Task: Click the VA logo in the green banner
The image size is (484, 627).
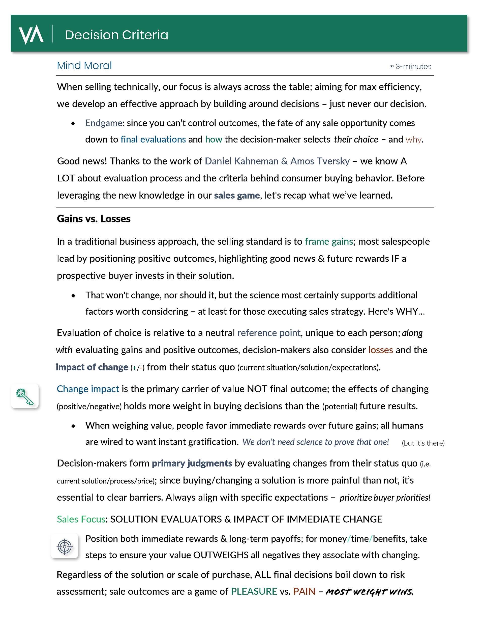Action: [x=31, y=35]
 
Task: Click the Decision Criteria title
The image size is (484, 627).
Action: [x=116, y=35]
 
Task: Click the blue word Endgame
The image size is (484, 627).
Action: [x=104, y=123]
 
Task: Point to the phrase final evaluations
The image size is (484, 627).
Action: [x=153, y=139]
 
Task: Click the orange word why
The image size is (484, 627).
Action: [x=413, y=139]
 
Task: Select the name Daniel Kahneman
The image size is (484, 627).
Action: [x=241, y=161]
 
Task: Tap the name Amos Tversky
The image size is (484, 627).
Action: [x=320, y=161]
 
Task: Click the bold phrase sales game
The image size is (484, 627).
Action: [x=237, y=195]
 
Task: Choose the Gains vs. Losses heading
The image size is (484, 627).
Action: [x=94, y=219]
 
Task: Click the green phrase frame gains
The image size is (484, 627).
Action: [x=328, y=241]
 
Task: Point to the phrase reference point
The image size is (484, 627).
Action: [x=268, y=333]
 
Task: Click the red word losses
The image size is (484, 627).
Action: [x=380, y=350]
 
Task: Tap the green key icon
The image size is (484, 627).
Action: [x=25, y=396]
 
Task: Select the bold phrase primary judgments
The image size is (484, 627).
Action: [x=192, y=463]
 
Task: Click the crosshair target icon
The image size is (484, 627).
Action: [x=65, y=546]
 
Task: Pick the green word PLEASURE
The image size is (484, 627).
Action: [x=254, y=591]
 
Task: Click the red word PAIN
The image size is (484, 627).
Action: [x=304, y=591]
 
